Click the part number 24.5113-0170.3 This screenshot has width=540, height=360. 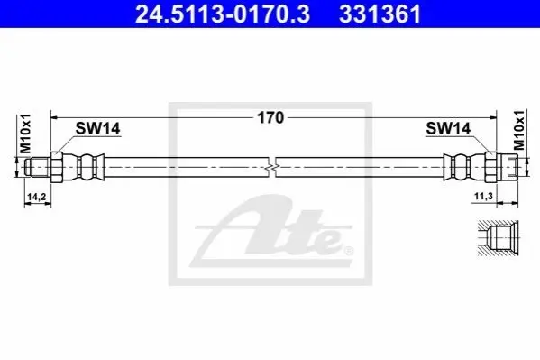coord(223,14)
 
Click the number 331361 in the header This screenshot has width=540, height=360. coord(380,14)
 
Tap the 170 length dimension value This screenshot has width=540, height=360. coord(270,117)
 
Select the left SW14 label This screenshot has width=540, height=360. coord(97,129)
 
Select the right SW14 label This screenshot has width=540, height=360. coord(448,129)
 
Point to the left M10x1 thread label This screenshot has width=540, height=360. coord(25,134)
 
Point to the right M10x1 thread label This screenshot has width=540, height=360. coord(519,130)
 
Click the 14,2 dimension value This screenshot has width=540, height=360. coord(37,197)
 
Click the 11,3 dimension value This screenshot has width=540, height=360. coord(483,196)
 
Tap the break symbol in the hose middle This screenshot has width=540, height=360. coord(272,168)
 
